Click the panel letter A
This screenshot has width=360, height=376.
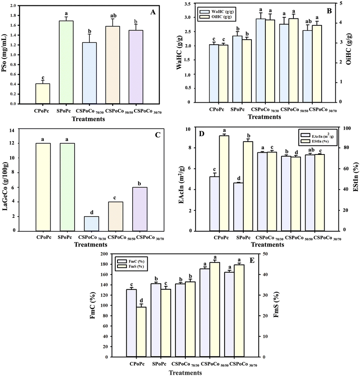click(153, 13)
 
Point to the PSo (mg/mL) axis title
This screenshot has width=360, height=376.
click(8, 54)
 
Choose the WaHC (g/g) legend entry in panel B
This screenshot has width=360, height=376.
click(216, 10)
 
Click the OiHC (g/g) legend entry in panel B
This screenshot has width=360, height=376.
click(216, 17)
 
